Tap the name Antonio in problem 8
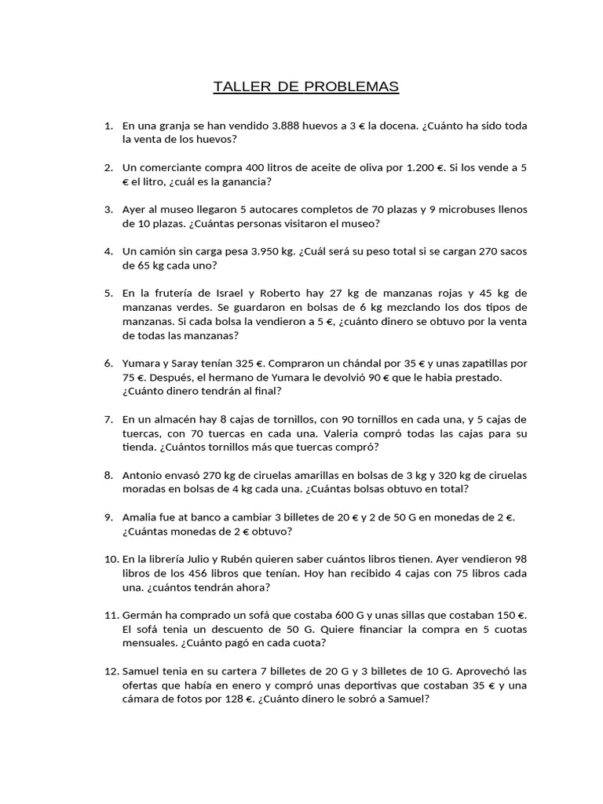coord(144,475)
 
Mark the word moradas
coord(145,488)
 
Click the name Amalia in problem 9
coord(142,517)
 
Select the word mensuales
coord(148,643)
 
